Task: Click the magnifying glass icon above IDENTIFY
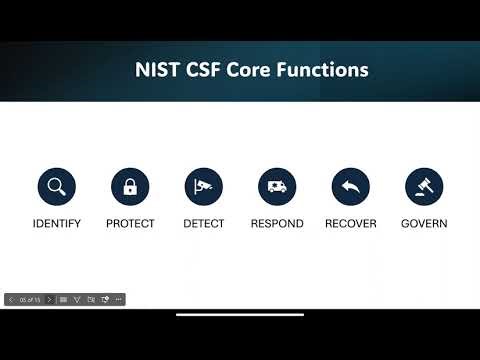(x=57, y=186)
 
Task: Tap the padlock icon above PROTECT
(x=130, y=186)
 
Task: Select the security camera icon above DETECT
(x=204, y=186)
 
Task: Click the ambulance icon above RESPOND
(x=277, y=186)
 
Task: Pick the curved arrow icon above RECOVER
(x=351, y=186)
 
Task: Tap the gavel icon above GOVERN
(x=424, y=186)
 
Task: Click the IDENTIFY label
(x=57, y=224)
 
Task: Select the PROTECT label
(x=130, y=224)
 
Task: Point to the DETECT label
(x=204, y=224)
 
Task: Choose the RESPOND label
(x=277, y=224)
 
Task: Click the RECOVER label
(x=351, y=224)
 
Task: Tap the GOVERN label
(x=424, y=224)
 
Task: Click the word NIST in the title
(x=157, y=70)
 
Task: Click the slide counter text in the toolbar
(x=29, y=299)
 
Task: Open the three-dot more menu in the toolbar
(x=118, y=299)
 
